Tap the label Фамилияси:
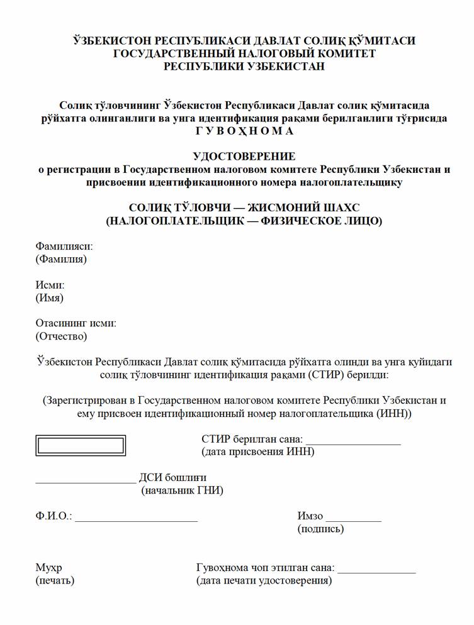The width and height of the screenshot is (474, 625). pos(64,246)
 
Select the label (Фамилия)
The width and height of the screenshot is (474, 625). pos(61,259)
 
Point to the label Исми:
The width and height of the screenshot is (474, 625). pos(50,285)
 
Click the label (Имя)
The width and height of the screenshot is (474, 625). pos(50,298)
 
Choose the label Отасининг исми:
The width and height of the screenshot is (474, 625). pos(76,324)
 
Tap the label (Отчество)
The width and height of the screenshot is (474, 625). pos(61,336)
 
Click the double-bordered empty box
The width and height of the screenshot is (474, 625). pos(80,445)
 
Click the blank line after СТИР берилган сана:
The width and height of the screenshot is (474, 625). pos(353,443)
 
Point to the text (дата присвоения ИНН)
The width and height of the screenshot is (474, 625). pos(257,452)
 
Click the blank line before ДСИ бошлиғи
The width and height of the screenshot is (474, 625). pos(86,482)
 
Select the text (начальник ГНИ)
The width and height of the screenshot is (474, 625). pos(182,490)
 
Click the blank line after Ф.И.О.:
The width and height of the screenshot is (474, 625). pos(136,520)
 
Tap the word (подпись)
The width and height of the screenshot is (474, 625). pos(320,529)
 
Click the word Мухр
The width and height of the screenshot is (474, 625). pos(48,568)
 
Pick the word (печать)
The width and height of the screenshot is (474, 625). pos(55,580)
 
